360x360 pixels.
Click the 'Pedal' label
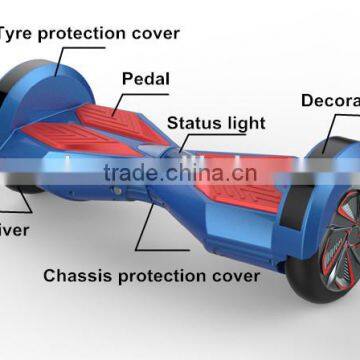click(145, 78)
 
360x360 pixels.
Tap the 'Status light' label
click(216, 123)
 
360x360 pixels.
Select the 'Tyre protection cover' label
click(90, 32)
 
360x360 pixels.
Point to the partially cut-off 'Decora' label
click(329, 100)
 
